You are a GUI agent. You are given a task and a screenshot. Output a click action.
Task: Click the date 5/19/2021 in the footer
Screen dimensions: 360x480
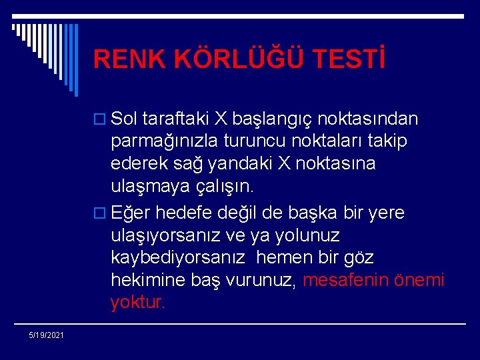pyautogui.click(x=46, y=335)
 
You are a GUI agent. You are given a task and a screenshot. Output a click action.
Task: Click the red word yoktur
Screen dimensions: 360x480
pyautogui.click(x=138, y=302)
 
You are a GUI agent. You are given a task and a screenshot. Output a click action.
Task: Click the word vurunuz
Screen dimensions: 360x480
pyautogui.click(x=257, y=280)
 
